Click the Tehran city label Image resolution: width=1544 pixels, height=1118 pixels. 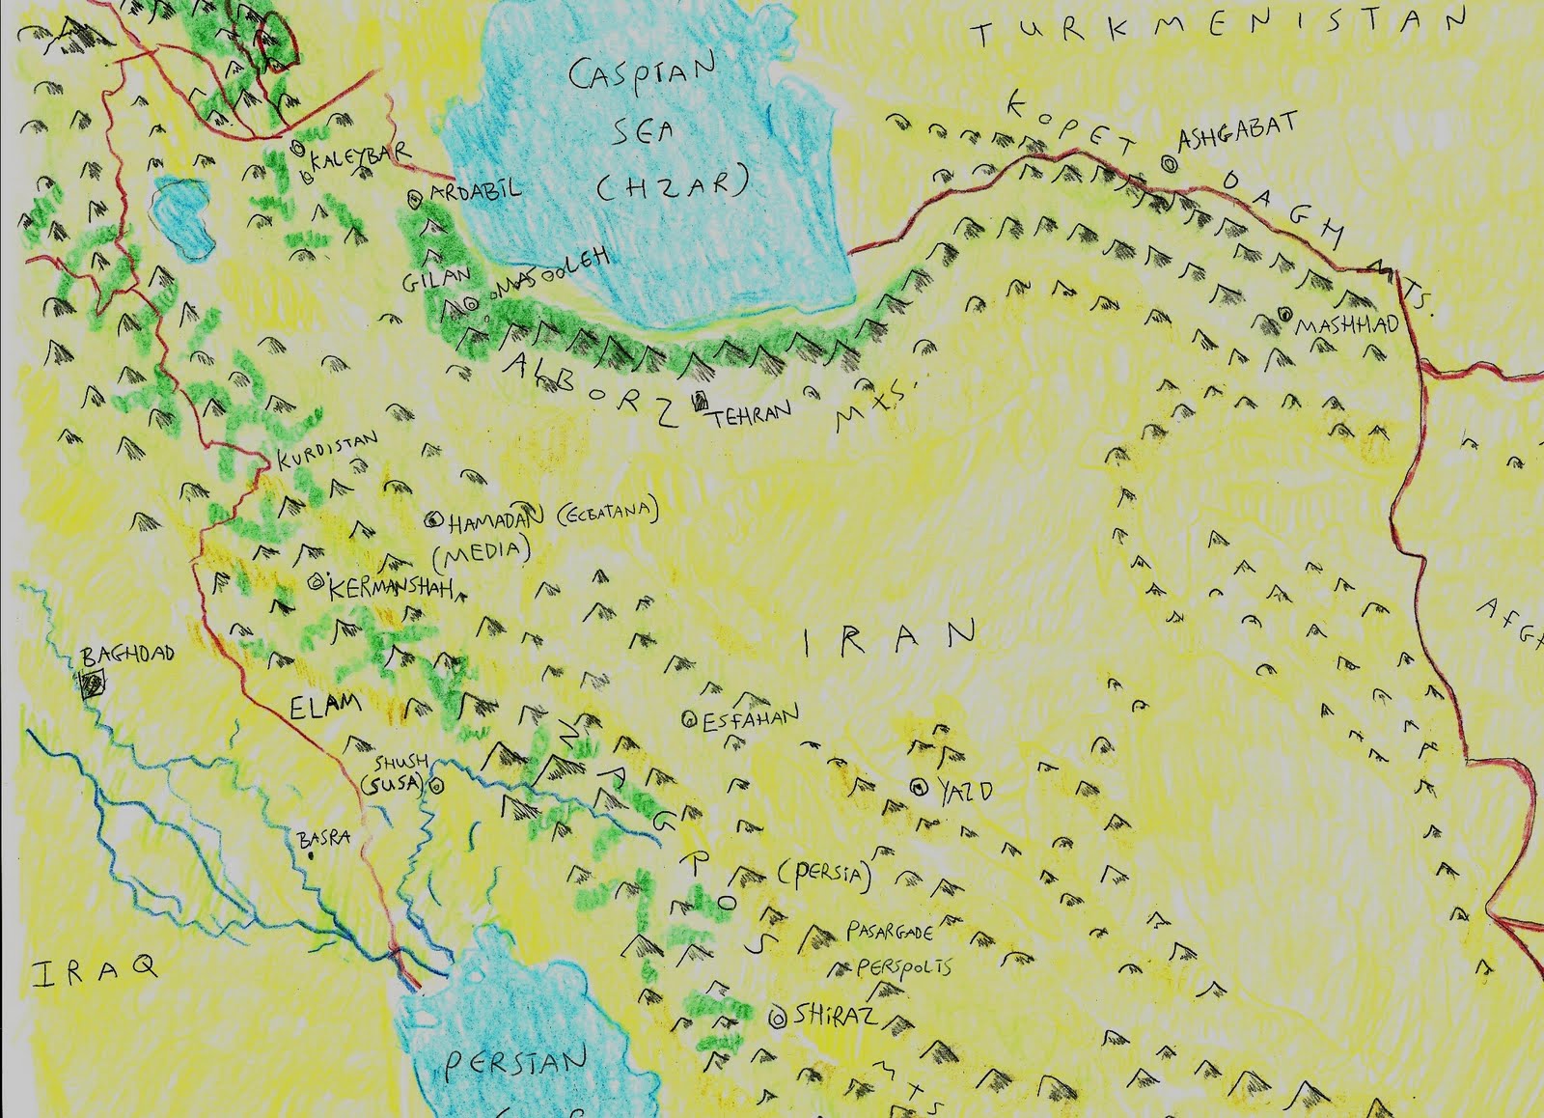752,413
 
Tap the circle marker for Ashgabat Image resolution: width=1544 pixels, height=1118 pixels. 1169,164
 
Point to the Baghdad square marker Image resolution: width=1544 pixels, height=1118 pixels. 93,685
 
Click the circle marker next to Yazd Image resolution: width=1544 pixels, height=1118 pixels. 918,787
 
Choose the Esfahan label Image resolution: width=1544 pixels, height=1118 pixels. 751,717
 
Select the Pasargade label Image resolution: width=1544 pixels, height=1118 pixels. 890,932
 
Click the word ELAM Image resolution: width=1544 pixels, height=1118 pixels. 324,706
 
